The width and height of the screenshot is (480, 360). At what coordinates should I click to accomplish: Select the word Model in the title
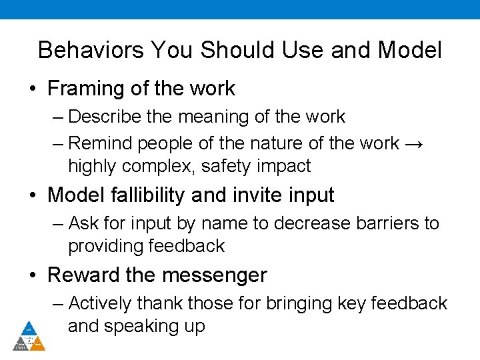[409, 50]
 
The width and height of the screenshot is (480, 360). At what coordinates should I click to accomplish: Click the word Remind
[99, 143]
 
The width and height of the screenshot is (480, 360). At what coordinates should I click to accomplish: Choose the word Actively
[100, 303]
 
